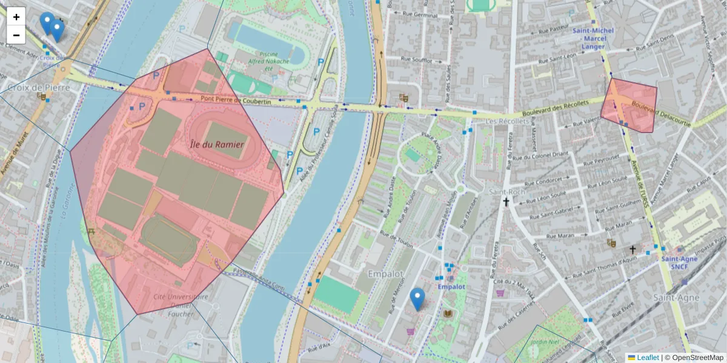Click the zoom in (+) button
[x=16, y=17]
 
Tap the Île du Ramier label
[x=217, y=145]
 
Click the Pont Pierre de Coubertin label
[x=236, y=101]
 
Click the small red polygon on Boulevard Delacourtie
[x=630, y=106]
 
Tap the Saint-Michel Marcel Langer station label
[x=593, y=38]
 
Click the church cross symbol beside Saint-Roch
[x=505, y=203]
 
